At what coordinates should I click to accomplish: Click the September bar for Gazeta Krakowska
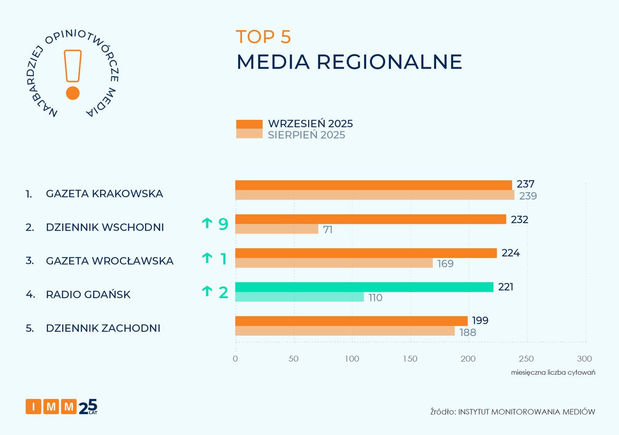coord(373,185)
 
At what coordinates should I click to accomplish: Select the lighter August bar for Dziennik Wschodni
coord(276,229)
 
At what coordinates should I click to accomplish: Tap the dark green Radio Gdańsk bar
coord(364,287)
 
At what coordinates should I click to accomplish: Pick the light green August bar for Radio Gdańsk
coord(299,297)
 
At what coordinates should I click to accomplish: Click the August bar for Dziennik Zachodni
coord(344,331)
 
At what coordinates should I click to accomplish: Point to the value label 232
coord(519,220)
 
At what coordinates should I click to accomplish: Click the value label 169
coord(445,264)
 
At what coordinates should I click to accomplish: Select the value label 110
coord(375,298)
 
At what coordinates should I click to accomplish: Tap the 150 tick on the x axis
coord(410,359)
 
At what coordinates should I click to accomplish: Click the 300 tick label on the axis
coord(584,359)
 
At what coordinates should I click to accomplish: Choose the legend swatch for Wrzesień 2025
coord(249,124)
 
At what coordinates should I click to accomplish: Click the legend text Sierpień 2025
coord(306,135)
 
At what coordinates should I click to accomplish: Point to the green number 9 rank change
coord(223,224)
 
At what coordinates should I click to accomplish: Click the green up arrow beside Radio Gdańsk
coord(207,292)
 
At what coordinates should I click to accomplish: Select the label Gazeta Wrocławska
coord(109,261)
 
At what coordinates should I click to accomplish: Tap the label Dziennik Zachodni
coord(103,328)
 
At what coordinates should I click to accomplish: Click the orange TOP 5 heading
coord(263,37)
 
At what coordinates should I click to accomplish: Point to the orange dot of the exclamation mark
coord(73,93)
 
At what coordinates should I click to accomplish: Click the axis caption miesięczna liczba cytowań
coord(553,372)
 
